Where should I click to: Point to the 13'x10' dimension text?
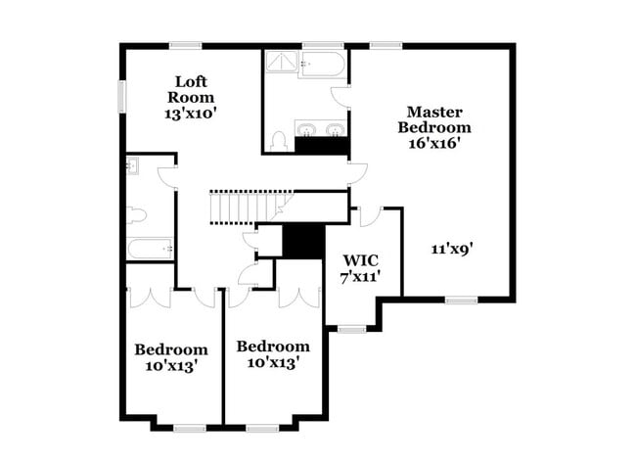point(190,113)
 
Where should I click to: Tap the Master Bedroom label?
point(438,119)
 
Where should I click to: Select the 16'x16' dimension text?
point(433,142)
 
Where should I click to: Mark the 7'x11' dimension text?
point(359,277)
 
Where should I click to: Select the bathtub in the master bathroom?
point(322,65)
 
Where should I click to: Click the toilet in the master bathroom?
point(278,141)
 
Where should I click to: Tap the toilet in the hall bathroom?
point(136,214)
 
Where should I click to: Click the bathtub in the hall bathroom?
point(150,249)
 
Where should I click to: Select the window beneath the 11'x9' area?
point(460,301)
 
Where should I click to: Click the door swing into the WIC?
point(370,216)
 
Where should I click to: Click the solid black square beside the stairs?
point(303,242)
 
